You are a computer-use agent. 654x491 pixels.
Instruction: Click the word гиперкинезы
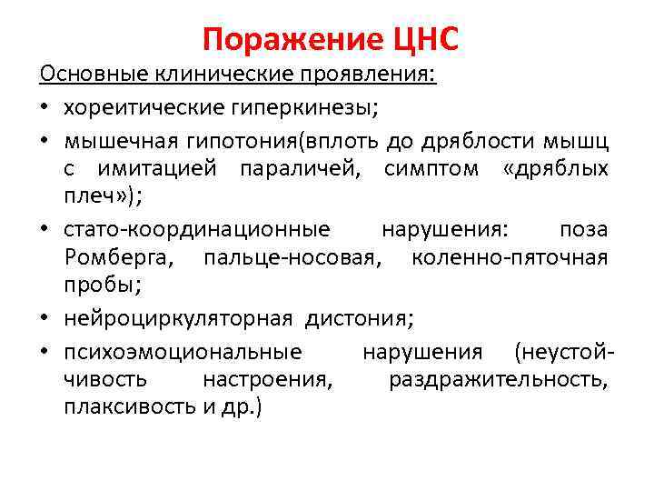[x=295, y=108]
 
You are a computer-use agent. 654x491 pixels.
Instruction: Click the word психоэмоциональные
[x=183, y=351]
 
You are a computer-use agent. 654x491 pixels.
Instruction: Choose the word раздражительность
[x=498, y=379]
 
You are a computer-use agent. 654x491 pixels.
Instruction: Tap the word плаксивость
[x=127, y=407]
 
